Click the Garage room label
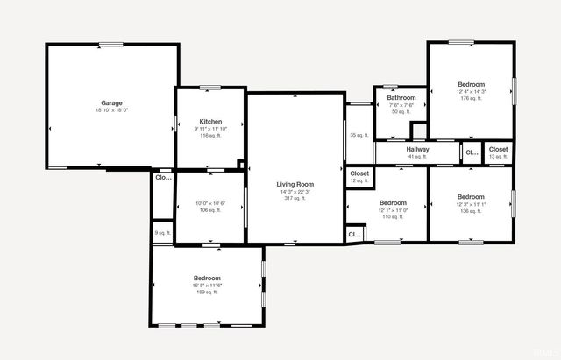coord(111,103)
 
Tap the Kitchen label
coord(210,122)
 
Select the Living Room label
coord(295,184)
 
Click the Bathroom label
coord(401,97)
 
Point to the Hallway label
coord(417,149)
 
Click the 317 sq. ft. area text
coord(295,199)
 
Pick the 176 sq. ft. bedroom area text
coord(471,98)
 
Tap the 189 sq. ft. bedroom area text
coord(207,293)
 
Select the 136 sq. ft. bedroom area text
coord(471,211)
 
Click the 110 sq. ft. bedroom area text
coord(393,216)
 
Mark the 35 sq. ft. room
coord(359,135)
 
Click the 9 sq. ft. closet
coord(162,233)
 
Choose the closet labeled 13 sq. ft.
coord(498,157)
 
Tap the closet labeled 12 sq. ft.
coord(359,180)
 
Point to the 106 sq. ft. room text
coord(210,210)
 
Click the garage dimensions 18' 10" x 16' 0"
coord(111,110)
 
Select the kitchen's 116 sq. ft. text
coord(210,136)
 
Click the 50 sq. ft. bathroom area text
coord(401,111)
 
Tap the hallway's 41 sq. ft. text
coord(417,157)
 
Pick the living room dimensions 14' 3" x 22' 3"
coord(295,192)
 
